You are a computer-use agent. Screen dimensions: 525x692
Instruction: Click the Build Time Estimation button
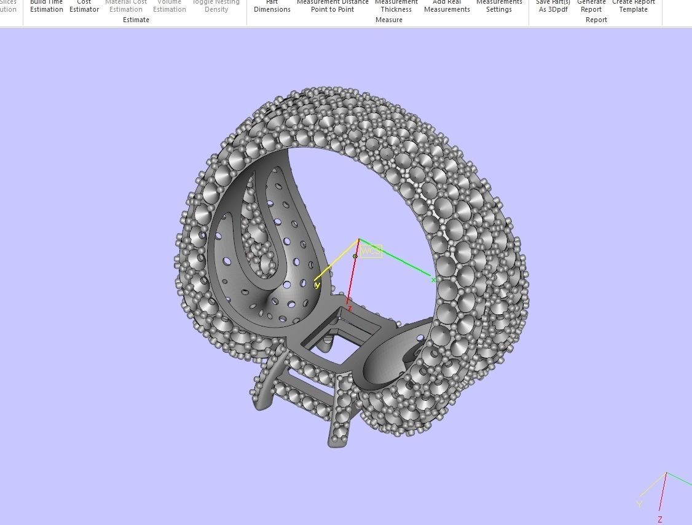click(47, 6)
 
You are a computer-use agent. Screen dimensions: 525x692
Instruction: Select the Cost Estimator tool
click(84, 6)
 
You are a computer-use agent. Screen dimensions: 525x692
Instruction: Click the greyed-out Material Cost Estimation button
click(126, 6)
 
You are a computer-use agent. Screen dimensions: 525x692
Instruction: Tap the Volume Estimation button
click(170, 6)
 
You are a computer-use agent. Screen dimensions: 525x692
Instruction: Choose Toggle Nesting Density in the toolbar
click(216, 6)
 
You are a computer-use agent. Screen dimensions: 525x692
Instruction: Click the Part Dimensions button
click(272, 6)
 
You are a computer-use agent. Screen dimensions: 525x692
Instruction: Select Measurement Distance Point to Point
click(332, 6)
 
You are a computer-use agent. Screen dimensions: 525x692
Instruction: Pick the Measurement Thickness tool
click(396, 6)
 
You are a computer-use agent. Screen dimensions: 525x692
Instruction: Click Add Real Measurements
click(447, 6)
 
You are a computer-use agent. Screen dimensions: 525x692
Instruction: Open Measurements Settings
click(498, 6)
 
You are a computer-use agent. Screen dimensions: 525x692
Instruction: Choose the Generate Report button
click(591, 6)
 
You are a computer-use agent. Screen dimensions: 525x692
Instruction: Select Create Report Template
click(634, 6)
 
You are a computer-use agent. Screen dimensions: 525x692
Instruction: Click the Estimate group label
click(136, 20)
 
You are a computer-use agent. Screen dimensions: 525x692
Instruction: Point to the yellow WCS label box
click(371, 251)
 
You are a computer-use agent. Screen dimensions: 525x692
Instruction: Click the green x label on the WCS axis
click(433, 280)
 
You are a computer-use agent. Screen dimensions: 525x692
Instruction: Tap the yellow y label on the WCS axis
click(317, 285)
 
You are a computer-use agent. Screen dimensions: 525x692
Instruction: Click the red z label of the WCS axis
click(348, 309)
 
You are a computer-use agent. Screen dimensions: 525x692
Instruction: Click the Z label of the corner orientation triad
click(660, 519)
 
